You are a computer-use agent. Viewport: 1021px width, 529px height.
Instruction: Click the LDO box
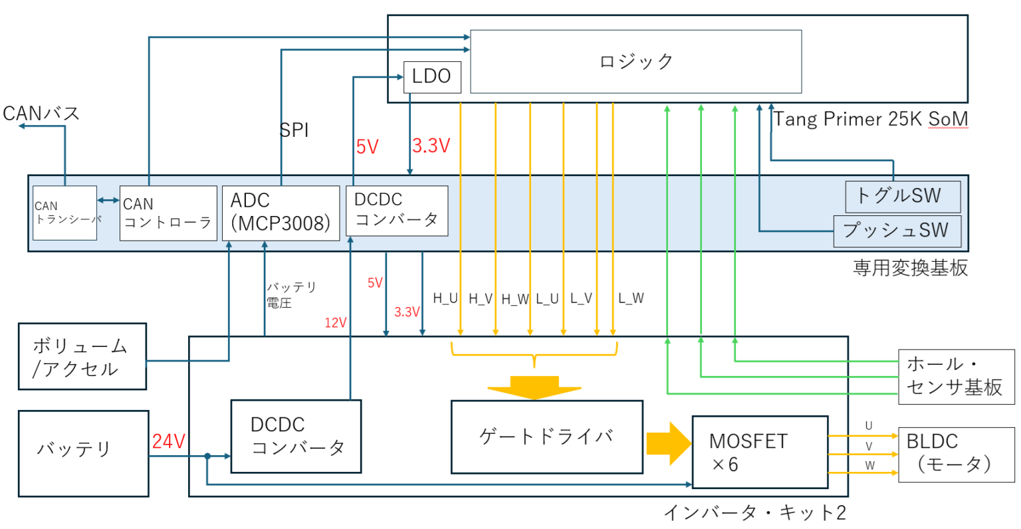pos(432,76)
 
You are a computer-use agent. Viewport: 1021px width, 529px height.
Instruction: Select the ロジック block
pos(635,61)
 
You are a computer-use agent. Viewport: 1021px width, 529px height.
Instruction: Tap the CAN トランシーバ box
pos(65,213)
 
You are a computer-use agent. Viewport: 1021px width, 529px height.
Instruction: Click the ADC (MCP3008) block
pos(281,213)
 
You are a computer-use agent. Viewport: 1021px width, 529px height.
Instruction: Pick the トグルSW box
pos(902,196)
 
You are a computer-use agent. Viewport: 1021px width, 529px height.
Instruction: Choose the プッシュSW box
pos(897,231)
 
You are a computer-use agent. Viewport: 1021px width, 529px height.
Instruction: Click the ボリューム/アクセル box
pos(82,356)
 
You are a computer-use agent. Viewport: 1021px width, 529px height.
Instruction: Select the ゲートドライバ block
pos(546,437)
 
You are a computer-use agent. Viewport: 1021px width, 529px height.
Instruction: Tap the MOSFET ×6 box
pos(760,452)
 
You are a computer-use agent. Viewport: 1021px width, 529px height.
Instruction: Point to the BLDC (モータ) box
pos(956,454)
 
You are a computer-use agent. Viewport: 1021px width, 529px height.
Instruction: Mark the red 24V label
pos(168,441)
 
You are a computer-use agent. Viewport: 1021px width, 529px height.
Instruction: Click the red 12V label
pos(336,323)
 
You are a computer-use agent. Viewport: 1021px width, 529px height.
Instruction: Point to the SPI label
pos(294,130)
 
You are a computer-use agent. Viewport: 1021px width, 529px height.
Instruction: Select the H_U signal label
pos(445,298)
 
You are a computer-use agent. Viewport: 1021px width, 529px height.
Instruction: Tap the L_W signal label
pos(631,298)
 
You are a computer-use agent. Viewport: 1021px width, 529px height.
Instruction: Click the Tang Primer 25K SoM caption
pos(870,119)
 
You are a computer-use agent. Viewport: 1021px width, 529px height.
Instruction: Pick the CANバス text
pos(41,114)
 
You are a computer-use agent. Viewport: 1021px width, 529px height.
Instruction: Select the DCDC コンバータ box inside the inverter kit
pos(296,436)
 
